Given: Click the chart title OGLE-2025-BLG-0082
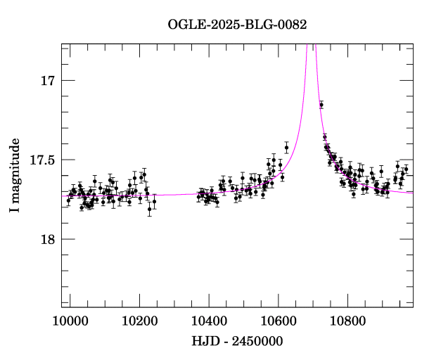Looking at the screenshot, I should pos(237,25).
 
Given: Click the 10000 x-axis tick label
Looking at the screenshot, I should pos(70,321).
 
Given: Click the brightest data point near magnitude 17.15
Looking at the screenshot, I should pos(321,105).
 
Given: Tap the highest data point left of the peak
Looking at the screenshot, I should pos(286,148).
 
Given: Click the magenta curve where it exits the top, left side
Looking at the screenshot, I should pos(307,44).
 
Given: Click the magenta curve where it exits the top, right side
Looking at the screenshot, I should pos(316,44).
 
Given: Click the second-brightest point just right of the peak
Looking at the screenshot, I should pos(324,137).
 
